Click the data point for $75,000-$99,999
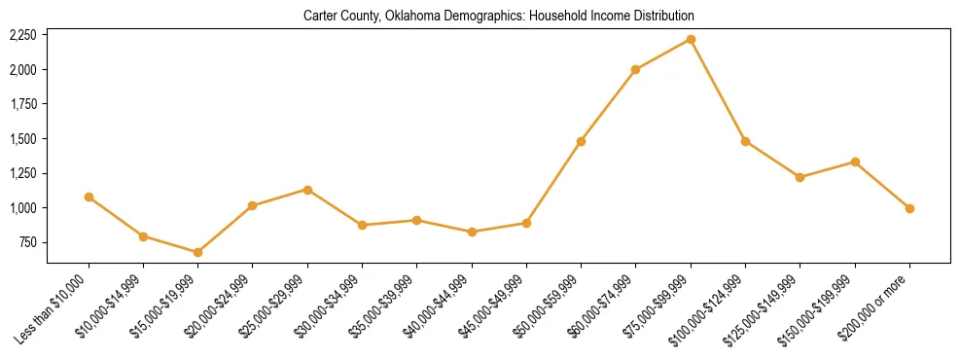coord(691,39)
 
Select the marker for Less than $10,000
coord(89,197)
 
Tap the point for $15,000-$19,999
coord(197,252)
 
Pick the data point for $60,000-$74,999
coord(635,69)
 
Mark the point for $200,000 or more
coord(909,208)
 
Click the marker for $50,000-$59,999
coord(581,141)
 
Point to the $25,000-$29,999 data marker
coord(307,190)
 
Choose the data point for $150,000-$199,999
coord(855,162)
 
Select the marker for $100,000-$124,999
coord(745,141)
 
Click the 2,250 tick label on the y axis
coord(21,35)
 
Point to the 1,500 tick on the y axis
coord(21,139)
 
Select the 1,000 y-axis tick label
coord(21,208)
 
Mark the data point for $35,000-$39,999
coord(416,220)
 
